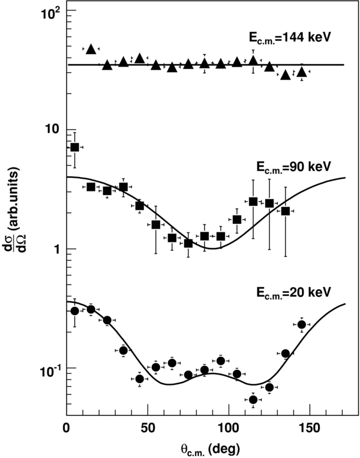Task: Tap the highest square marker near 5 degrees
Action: (x=75, y=147)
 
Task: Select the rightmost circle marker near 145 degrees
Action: (x=302, y=325)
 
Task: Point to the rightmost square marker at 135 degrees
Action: (x=286, y=211)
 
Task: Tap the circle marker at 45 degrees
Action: (x=140, y=379)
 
